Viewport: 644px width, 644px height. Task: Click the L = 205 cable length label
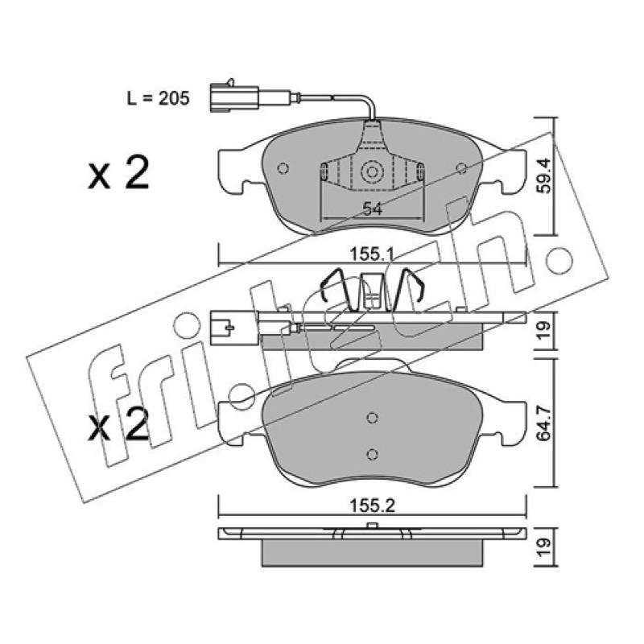(x=158, y=98)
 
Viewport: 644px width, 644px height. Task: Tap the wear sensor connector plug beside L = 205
(x=234, y=97)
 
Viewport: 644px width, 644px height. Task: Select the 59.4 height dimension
(x=544, y=176)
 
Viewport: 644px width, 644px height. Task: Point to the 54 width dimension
(x=373, y=209)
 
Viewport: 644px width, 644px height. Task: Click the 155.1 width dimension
(x=372, y=254)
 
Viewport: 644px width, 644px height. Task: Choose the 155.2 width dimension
(x=372, y=506)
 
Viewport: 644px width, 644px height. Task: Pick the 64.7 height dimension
(x=544, y=423)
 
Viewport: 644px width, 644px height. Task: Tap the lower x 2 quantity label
(x=118, y=424)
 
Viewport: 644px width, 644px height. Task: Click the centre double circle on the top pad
(x=372, y=171)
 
